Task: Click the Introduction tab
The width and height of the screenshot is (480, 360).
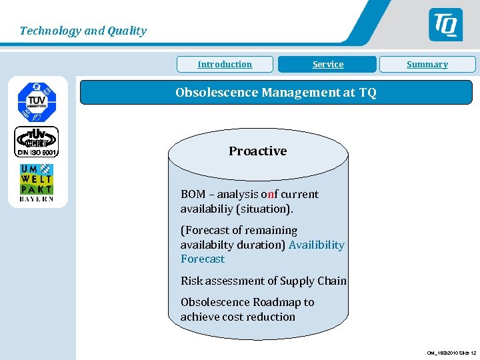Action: click(225, 65)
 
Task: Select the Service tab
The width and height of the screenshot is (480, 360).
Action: click(328, 65)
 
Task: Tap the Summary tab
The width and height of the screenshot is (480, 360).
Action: click(427, 65)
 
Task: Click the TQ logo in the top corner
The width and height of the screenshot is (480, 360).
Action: click(445, 25)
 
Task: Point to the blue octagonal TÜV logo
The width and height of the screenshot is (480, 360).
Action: click(37, 101)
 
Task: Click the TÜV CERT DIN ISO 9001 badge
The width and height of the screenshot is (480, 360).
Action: click(37, 142)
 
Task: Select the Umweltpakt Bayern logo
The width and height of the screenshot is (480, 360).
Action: click(37, 183)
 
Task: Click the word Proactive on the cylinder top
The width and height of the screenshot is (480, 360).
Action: click(257, 151)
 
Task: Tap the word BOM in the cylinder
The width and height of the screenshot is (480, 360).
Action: click(193, 195)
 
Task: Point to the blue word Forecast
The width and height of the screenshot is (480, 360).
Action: click(203, 259)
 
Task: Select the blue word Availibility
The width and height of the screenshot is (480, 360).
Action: click(317, 245)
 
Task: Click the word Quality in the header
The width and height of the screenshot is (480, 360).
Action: click(127, 31)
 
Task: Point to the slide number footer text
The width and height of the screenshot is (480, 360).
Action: click(451, 353)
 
